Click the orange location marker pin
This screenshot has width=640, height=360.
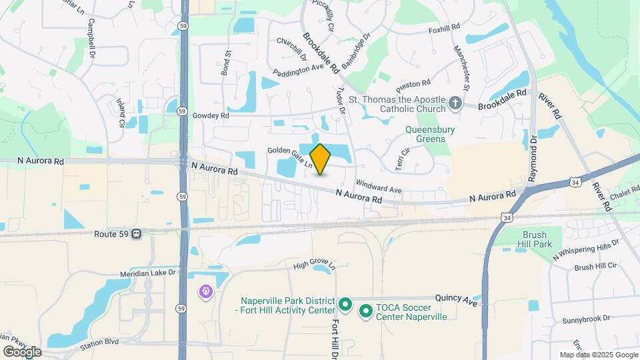(320, 159)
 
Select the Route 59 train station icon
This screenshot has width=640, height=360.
(136, 234)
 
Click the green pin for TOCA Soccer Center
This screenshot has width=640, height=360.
(365, 311)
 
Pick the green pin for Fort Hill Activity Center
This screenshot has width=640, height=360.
(345, 305)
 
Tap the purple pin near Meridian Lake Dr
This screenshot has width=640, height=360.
(205, 291)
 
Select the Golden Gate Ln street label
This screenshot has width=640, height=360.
(290, 157)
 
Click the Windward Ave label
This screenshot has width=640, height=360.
(379, 186)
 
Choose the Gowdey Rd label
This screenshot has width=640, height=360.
(211, 115)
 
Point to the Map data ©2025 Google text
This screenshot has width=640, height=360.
(597, 355)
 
